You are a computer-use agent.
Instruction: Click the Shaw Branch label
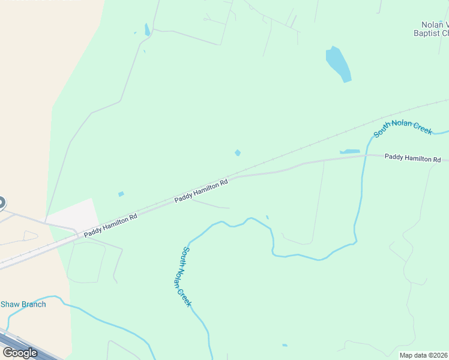pyautogui.click(x=23, y=304)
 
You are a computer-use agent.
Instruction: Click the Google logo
pyautogui.click(x=20, y=353)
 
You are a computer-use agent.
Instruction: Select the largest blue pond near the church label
pyautogui.click(x=339, y=64)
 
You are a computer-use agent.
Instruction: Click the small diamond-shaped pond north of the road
pyautogui.click(x=238, y=153)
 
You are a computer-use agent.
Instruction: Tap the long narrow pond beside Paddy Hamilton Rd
pyautogui.click(x=349, y=151)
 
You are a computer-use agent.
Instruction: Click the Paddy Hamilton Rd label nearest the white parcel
pyautogui.click(x=110, y=225)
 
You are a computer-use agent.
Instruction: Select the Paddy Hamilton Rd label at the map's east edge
pyautogui.click(x=412, y=158)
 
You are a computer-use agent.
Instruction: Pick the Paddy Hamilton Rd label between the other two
pyautogui.click(x=201, y=191)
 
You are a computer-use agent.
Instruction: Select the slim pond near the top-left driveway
pyautogui.click(x=147, y=29)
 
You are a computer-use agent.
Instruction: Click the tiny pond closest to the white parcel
pyautogui.click(x=121, y=194)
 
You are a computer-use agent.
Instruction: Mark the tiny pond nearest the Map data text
pyautogui.click(x=285, y=345)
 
